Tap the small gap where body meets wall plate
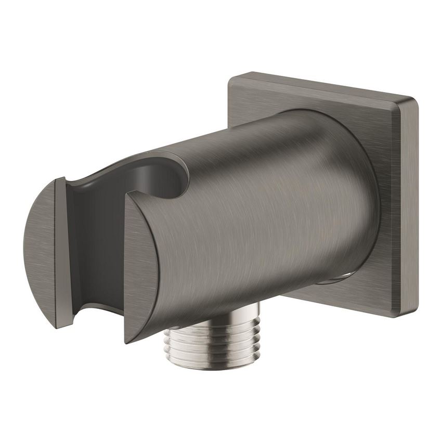333,280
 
